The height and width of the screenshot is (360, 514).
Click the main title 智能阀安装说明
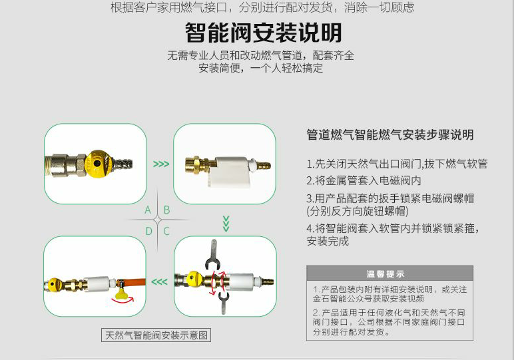[x=264, y=33]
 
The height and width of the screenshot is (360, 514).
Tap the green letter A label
[x=148, y=210]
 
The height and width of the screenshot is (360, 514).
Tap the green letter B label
[x=166, y=210]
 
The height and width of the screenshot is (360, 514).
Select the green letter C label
[x=166, y=232]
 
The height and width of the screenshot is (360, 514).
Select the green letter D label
[x=149, y=232]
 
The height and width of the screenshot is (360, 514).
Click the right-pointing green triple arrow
[x=161, y=164]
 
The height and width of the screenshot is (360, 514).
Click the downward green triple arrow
[x=226, y=224]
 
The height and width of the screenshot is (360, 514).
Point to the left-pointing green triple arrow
[x=159, y=281]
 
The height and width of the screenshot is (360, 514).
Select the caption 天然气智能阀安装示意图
[x=156, y=335]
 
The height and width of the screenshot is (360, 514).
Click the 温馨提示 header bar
[x=389, y=273]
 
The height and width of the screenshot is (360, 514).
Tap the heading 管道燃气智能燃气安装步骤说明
[x=390, y=134]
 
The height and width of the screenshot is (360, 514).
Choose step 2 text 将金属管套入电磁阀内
[x=364, y=180]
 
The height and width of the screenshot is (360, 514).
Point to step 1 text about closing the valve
[x=397, y=164]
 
